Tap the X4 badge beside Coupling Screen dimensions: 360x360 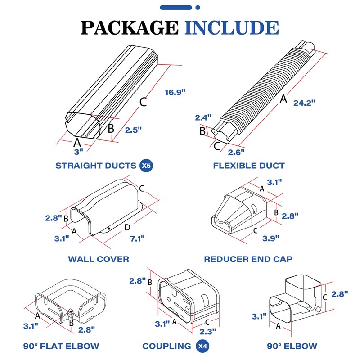(x=202, y=346)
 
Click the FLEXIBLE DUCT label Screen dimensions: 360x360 (x=249, y=166)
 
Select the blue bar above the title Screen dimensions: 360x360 (x=180, y=8)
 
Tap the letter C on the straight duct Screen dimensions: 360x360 (x=143, y=102)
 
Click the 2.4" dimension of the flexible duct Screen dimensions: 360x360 (x=203, y=118)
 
